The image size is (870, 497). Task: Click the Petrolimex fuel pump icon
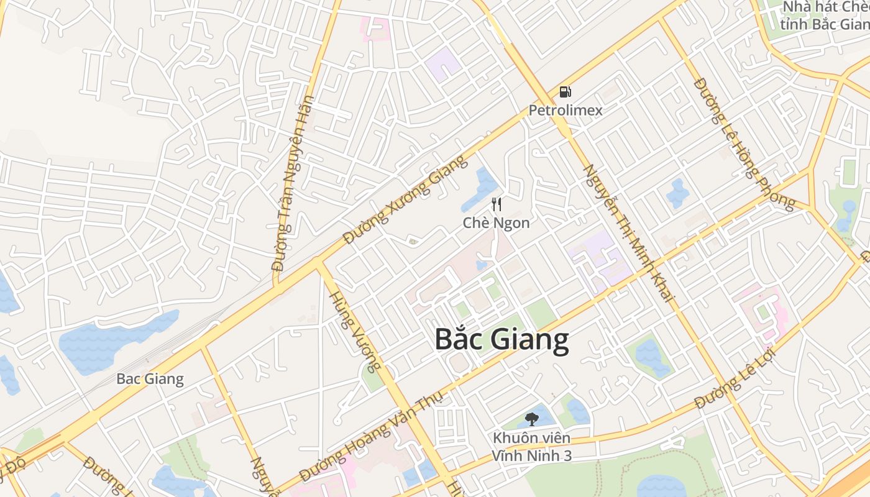point(565,93)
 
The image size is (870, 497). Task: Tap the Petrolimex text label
point(565,111)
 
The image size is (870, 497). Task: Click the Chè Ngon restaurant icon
point(497,204)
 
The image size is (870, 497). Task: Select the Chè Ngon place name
point(497,222)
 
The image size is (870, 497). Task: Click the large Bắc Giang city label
point(501,340)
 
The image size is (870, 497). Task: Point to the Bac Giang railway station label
point(150,379)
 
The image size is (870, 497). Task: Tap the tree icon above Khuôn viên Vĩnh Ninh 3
point(531,419)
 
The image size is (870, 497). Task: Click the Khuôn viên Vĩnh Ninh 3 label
point(531,447)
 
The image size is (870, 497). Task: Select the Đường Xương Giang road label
point(405,199)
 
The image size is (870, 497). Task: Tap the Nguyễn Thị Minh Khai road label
point(628,233)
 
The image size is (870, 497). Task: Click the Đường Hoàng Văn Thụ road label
point(370,437)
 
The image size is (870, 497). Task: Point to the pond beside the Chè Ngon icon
point(480,189)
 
